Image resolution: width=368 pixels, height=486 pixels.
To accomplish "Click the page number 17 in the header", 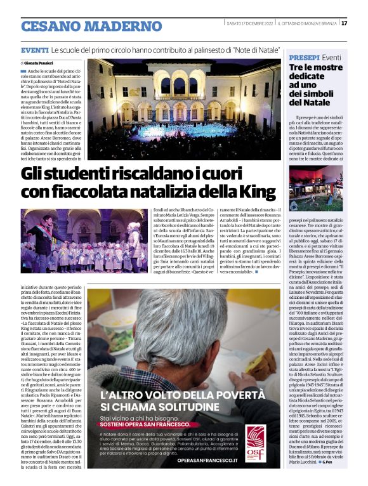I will click(344, 23).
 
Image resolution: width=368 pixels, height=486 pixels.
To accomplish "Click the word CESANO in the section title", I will click(56, 26).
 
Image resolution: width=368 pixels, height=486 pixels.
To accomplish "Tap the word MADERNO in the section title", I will click(128, 26).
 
